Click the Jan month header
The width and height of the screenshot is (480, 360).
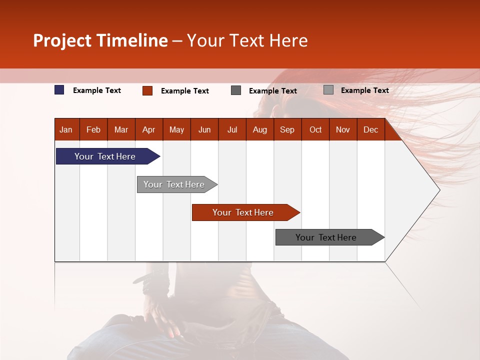point(66,129)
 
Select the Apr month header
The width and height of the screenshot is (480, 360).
point(148,129)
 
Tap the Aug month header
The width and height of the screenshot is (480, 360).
point(259,129)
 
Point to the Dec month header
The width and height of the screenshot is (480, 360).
point(370,129)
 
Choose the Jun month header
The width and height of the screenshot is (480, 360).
point(204,129)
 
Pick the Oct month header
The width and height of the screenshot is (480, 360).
point(315,129)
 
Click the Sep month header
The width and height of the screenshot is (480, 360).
point(287,129)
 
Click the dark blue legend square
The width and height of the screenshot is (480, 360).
point(59,90)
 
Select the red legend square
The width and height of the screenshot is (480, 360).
point(147,90)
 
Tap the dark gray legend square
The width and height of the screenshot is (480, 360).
point(236,90)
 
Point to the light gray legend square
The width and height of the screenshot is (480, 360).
point(328,90)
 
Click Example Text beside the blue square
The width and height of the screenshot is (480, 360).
point(97,90)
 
